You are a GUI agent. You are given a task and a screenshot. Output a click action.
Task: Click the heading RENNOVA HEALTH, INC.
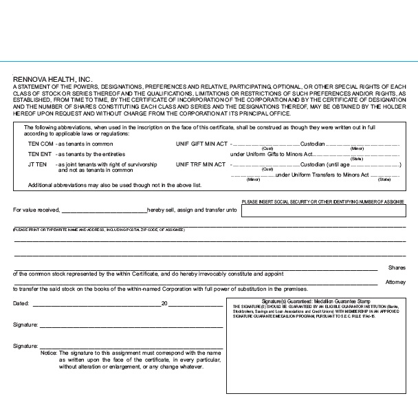(52, 80)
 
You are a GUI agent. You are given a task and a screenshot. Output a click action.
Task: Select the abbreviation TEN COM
(41, 145)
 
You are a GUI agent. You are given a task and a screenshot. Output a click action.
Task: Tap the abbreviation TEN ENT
(40, 155)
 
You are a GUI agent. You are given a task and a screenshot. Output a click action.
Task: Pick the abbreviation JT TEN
(37, 165)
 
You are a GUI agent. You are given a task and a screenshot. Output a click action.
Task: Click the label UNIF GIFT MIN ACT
(201, 145)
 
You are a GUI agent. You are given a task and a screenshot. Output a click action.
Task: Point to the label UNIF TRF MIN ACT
(201, 165)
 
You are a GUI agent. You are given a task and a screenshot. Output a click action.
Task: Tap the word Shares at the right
(397, 267)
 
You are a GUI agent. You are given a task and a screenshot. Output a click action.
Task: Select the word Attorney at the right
(395, 282)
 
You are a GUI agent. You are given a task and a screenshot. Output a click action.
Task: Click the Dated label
(21, 303)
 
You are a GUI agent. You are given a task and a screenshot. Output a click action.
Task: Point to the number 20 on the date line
(164, 303)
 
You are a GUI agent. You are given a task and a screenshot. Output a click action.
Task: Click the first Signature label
(25, 324)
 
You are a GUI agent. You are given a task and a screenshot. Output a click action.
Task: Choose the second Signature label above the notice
(25, 346)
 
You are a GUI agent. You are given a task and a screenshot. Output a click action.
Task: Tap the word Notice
(48, 352)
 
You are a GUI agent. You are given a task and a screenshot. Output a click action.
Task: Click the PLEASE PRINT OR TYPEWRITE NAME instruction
(99, 229)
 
